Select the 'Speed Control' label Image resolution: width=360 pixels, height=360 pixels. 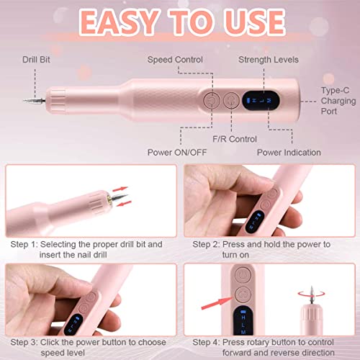[x=175, y=59]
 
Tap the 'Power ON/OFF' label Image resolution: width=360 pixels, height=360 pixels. [x=176, y=152]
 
